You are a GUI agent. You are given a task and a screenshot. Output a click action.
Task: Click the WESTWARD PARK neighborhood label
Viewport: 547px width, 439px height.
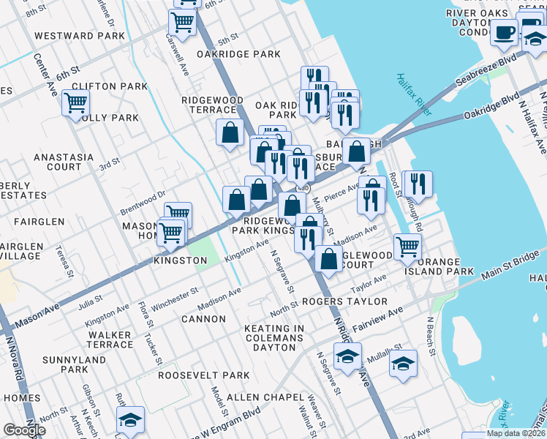tap(79, 35)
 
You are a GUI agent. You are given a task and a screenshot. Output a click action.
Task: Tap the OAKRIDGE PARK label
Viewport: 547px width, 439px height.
tap(238, 54)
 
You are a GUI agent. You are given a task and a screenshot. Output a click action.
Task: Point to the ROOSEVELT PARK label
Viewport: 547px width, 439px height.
tap(193, 375)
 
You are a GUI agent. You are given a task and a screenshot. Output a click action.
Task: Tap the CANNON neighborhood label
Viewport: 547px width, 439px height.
tap(203, 319)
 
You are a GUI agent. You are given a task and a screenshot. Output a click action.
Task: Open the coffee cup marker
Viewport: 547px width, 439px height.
tap(504, 32)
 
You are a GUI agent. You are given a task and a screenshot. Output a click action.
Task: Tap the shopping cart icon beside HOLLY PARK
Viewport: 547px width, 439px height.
tap(75, 103)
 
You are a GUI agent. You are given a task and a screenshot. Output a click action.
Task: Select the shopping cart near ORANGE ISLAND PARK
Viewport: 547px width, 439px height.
tap(407, 246)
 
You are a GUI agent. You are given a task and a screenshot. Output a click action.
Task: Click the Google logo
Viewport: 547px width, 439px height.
tap(24, 430)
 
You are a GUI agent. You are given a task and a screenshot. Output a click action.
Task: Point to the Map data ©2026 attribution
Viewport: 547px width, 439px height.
tap(515, 433)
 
